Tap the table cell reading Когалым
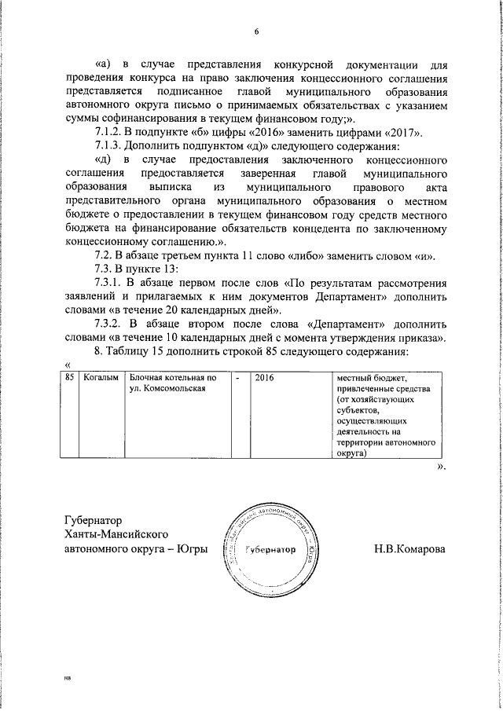pos(101,379)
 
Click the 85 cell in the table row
pos(71,379)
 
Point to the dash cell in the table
pos(237,379)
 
